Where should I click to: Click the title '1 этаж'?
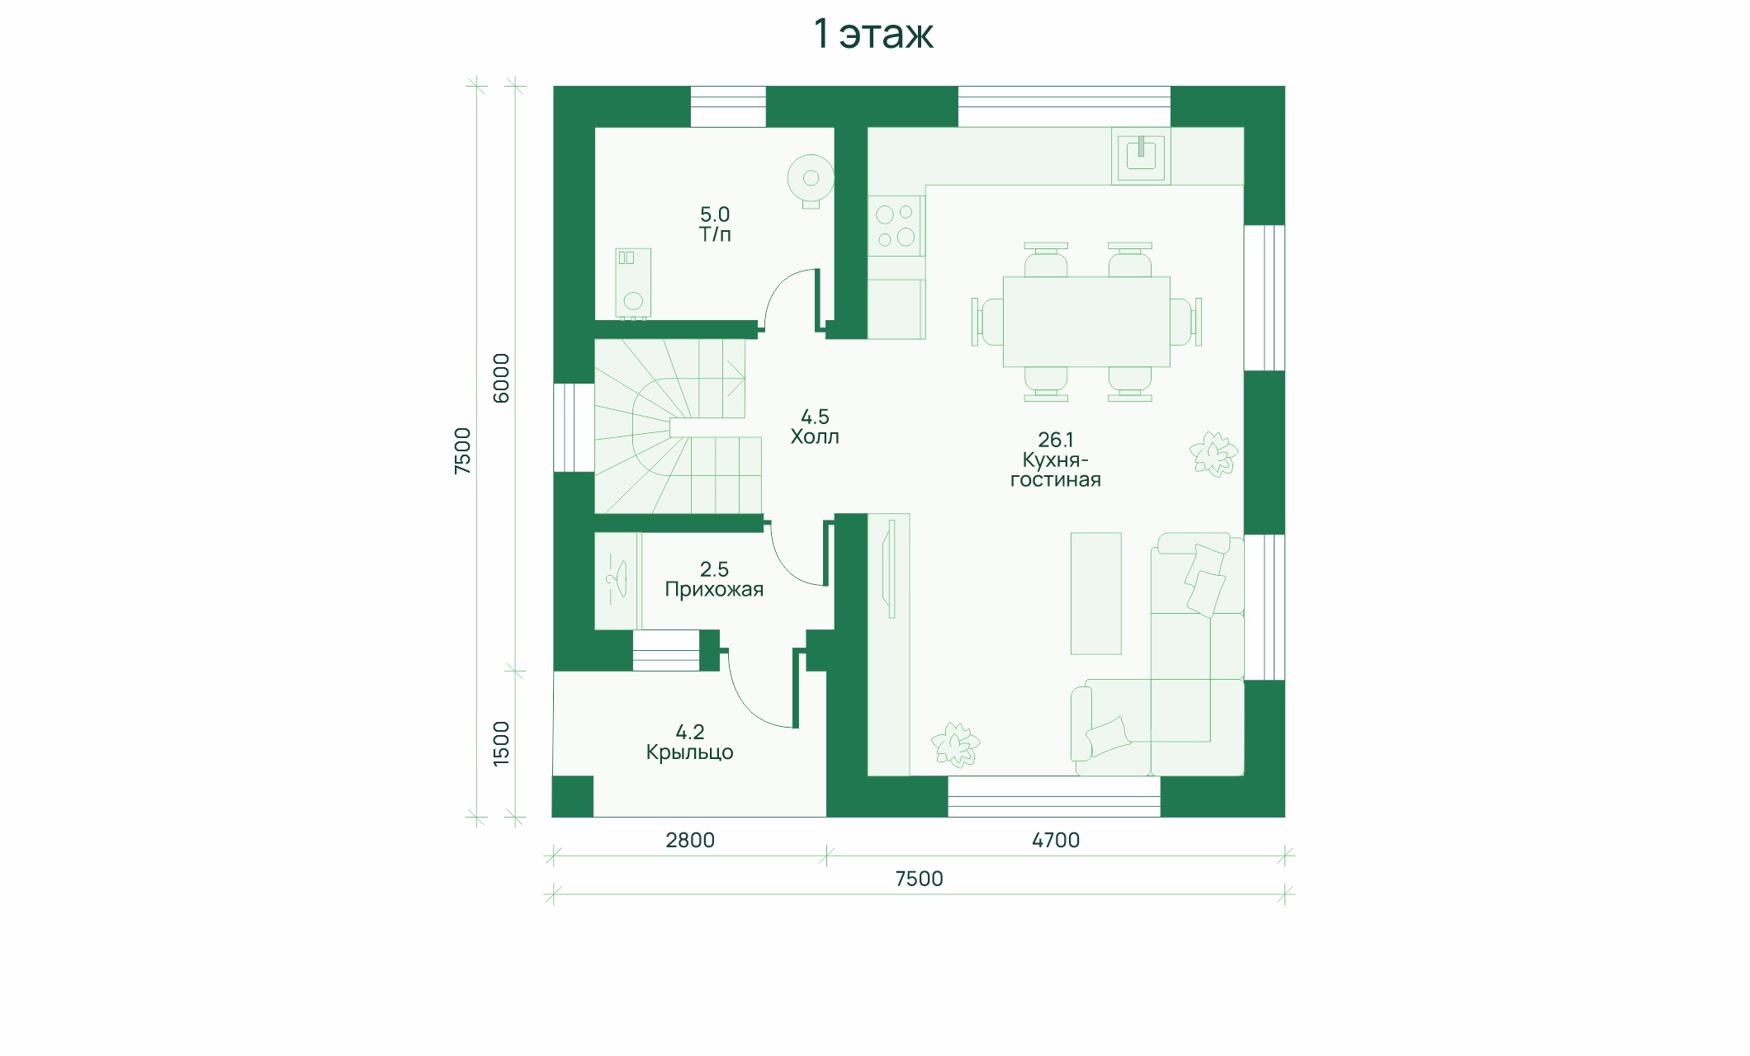[873, 34]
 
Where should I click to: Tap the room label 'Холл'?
[815, 437]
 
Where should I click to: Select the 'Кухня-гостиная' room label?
[1056, 470]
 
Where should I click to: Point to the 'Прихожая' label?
[714, 590]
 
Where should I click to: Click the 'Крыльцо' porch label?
[689, 752]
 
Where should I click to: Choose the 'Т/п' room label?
[715, 234]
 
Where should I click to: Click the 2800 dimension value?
[690, 840]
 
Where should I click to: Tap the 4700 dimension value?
[1056, 840]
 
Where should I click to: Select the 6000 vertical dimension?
[501, 378]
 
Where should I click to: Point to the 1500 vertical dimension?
[501, 743]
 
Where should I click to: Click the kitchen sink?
[1141, 155]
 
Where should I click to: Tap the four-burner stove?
[896, 226]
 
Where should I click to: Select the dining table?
[1086, 322]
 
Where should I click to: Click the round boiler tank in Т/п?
[811, 178]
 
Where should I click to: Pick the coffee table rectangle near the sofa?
[1096, 593]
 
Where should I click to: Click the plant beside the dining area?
[1213, 454]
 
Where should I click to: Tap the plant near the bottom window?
[956, 745]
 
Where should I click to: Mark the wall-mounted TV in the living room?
[889, 568]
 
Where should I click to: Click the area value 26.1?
[1056, 440]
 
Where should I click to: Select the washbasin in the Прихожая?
[617, 579]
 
